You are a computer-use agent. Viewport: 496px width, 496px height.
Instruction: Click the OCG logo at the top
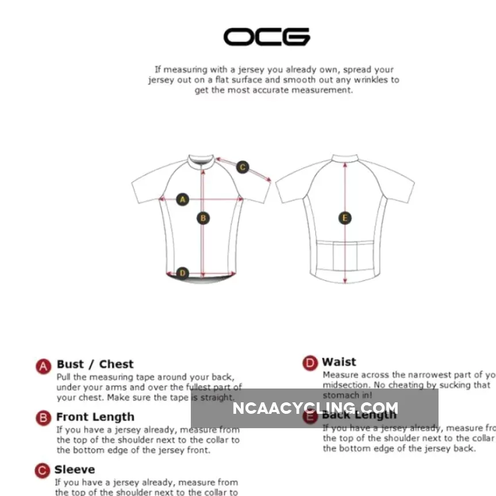click(x=266, y=37)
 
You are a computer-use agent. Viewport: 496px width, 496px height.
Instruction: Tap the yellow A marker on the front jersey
click(x=183, y=199)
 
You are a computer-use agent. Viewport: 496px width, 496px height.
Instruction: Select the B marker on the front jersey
click(x=202, y=218)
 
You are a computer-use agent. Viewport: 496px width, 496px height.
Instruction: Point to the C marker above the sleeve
click(x=243, y=167)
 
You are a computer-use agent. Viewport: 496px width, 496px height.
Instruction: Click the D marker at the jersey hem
click(x=182, y=272)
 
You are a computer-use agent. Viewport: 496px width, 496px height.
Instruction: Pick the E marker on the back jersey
click(x=345, y=218)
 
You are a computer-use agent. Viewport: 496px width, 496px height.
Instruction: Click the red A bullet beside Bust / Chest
click(x=43, y=366)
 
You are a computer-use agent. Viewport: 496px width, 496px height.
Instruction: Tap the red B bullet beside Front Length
click(x=43, y=418)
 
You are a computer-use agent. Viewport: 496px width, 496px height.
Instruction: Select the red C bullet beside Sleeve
click(x=43, y=471)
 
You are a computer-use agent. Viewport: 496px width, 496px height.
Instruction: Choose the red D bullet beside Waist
click(x=310, y=363)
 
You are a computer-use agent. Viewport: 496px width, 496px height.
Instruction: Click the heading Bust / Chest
click(x=95, y=364)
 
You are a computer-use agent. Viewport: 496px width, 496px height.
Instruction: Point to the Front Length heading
click(x=95, y=417)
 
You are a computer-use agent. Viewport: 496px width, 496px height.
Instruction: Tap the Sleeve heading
click(x=75, y=470)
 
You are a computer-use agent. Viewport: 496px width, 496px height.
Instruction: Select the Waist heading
click(x=339, y=362)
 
